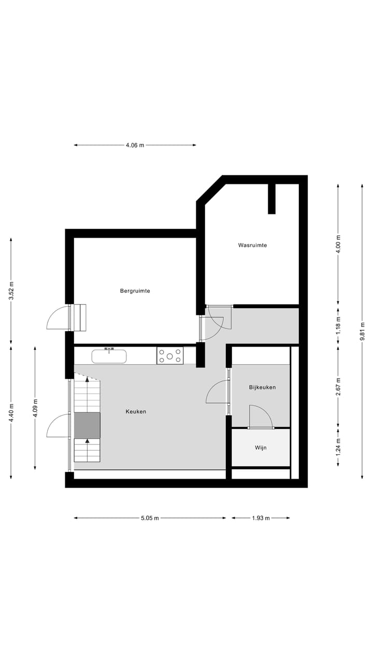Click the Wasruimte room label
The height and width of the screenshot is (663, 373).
point(252,245)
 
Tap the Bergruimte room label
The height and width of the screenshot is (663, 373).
point(135,291)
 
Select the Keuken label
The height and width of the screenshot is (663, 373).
point(136,412)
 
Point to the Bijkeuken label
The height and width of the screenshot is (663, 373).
point(262,387)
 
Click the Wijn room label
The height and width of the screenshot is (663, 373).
point(261,448)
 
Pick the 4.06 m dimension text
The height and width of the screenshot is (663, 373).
point(135,146)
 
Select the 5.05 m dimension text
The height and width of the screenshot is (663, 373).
point(150,518)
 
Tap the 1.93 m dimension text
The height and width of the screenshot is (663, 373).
point(261,518)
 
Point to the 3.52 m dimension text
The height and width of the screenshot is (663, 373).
point(11,291)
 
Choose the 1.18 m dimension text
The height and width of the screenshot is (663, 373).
point(338,325)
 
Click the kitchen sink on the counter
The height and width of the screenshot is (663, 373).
point(109,356)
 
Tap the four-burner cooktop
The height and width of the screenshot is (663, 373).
point(170,356)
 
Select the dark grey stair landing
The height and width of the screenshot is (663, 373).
point(87,425)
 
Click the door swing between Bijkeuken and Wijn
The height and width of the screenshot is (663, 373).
point(261,417)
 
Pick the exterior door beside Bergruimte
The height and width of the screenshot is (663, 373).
point(58,319)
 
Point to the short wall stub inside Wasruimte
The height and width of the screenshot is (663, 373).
point(271,198)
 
